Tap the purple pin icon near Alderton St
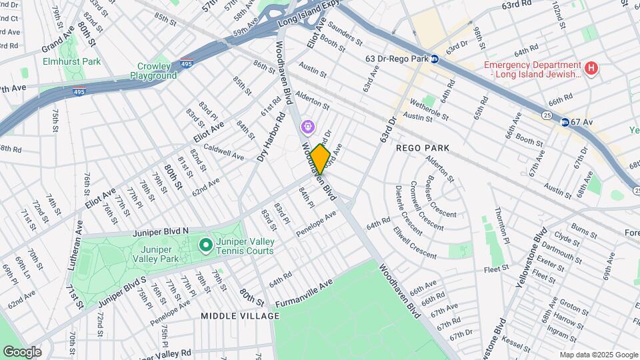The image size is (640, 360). [x=307, y=126]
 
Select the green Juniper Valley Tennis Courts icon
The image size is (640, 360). [x=206, y=247]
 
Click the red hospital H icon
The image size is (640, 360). [x=590, y=68]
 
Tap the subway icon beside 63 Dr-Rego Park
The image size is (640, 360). [x=434, y=59]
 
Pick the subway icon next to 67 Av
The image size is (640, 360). [x=565, y=122]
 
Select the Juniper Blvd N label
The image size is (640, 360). [x=161, y=231]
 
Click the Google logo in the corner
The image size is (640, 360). [x=22, y=351]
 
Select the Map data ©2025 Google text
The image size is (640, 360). [x=598, y=355]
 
